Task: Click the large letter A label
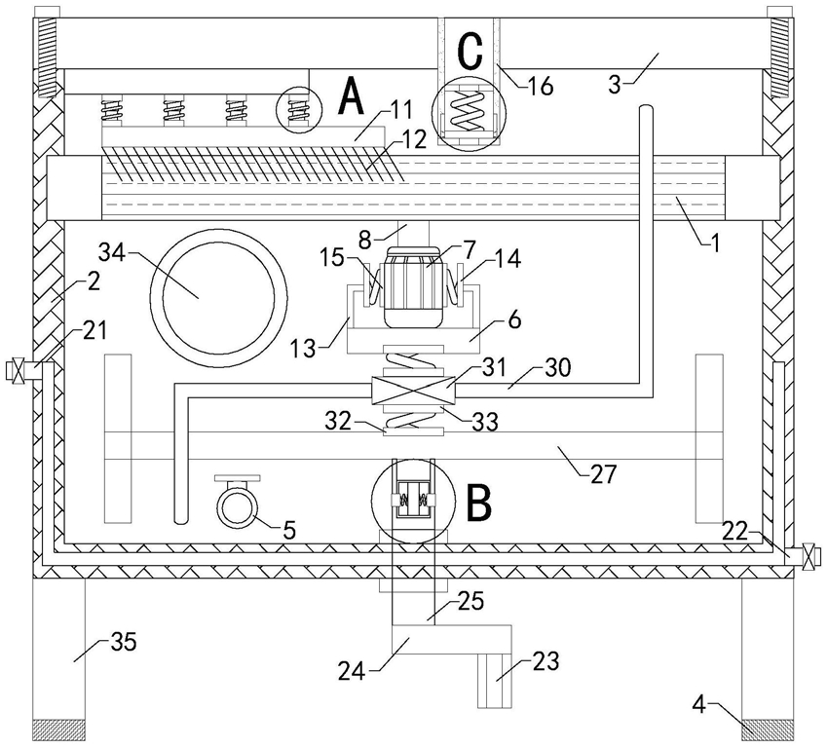click(351, 95)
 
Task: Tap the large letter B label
click(479, 503)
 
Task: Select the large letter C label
click(470, 52)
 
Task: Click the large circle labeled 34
click(219, 298)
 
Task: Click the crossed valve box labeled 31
click(413, 392)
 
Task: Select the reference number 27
click(603, 474)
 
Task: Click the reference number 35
click(124, 642)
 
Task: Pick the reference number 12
click(413, 139)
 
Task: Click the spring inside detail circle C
click(469, 110)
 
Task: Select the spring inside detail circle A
click(299, 110)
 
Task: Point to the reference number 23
click(546, 661)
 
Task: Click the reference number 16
click(540, 86)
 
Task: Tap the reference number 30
click(557, 367)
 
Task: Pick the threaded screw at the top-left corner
click(47, 53)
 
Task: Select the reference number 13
click(303, 349)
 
